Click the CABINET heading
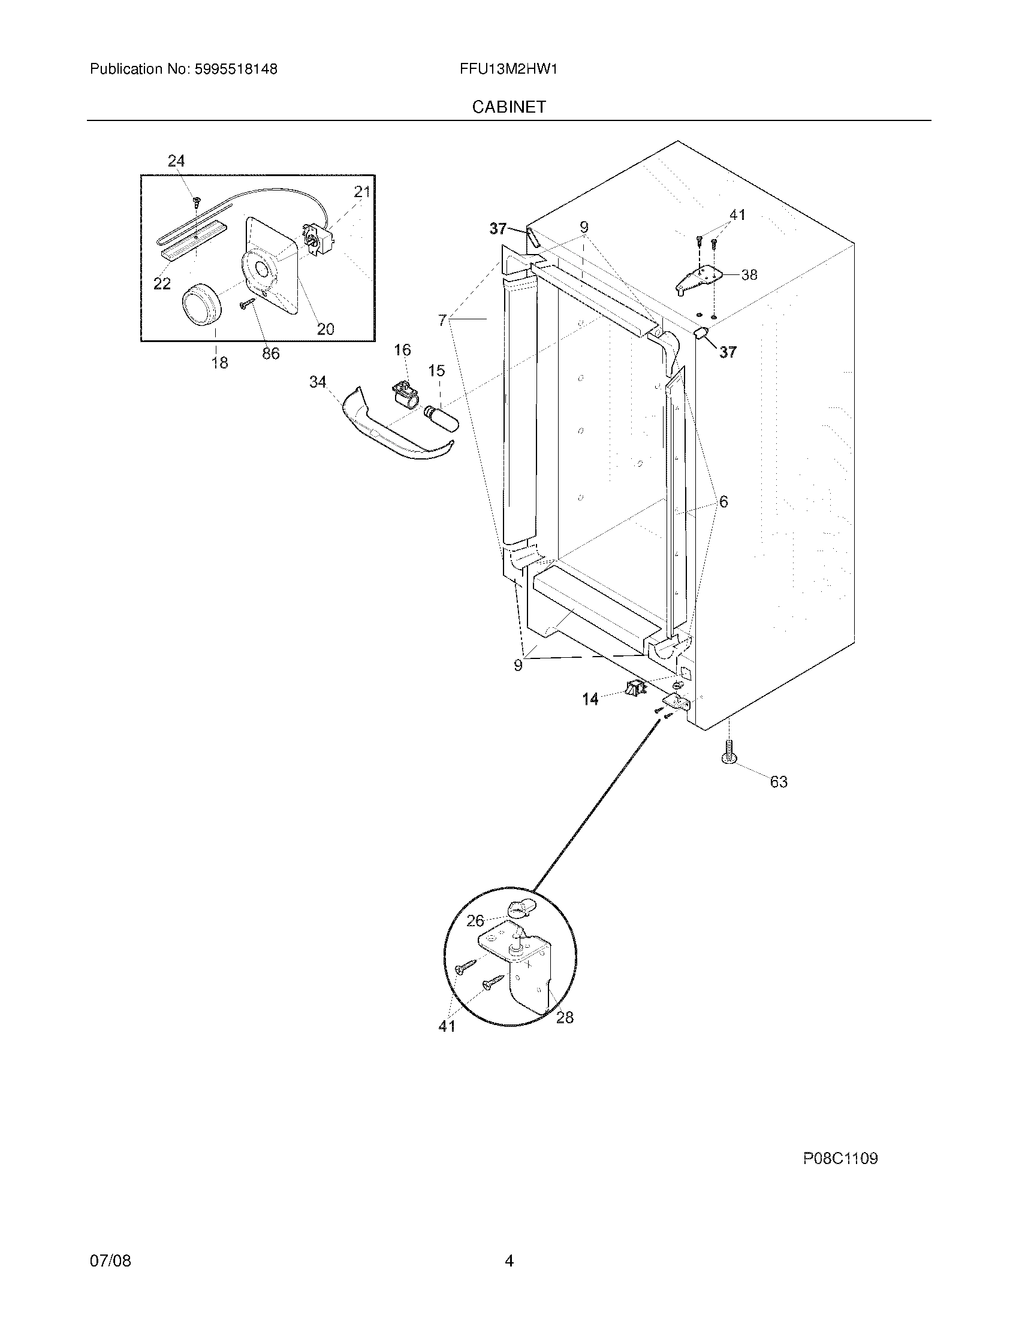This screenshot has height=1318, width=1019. pyautogui.click(x=509, y=107)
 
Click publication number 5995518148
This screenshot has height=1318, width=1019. pyautogui.click(x=236, y=69)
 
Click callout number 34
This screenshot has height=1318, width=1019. pyautogui.click(x=318, y=382)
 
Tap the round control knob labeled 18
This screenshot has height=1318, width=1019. pyautogui.click(x=201, y=306)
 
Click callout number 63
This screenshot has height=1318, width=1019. pyautogui.click(x=779, y=781)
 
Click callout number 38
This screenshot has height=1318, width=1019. pyautogui.click(x=749, y=274)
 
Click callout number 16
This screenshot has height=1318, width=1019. pyautogui.click(x=403, y=350)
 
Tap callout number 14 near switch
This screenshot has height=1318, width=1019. pyautogui.click(x=590, y=699)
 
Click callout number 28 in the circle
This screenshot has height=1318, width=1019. pyautogui.click(x=565, y=1018)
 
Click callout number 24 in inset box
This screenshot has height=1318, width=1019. pyautogui.click(x=176, y=161)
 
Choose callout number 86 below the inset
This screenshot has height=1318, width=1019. pyautogui.click(x=270, y=353)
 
